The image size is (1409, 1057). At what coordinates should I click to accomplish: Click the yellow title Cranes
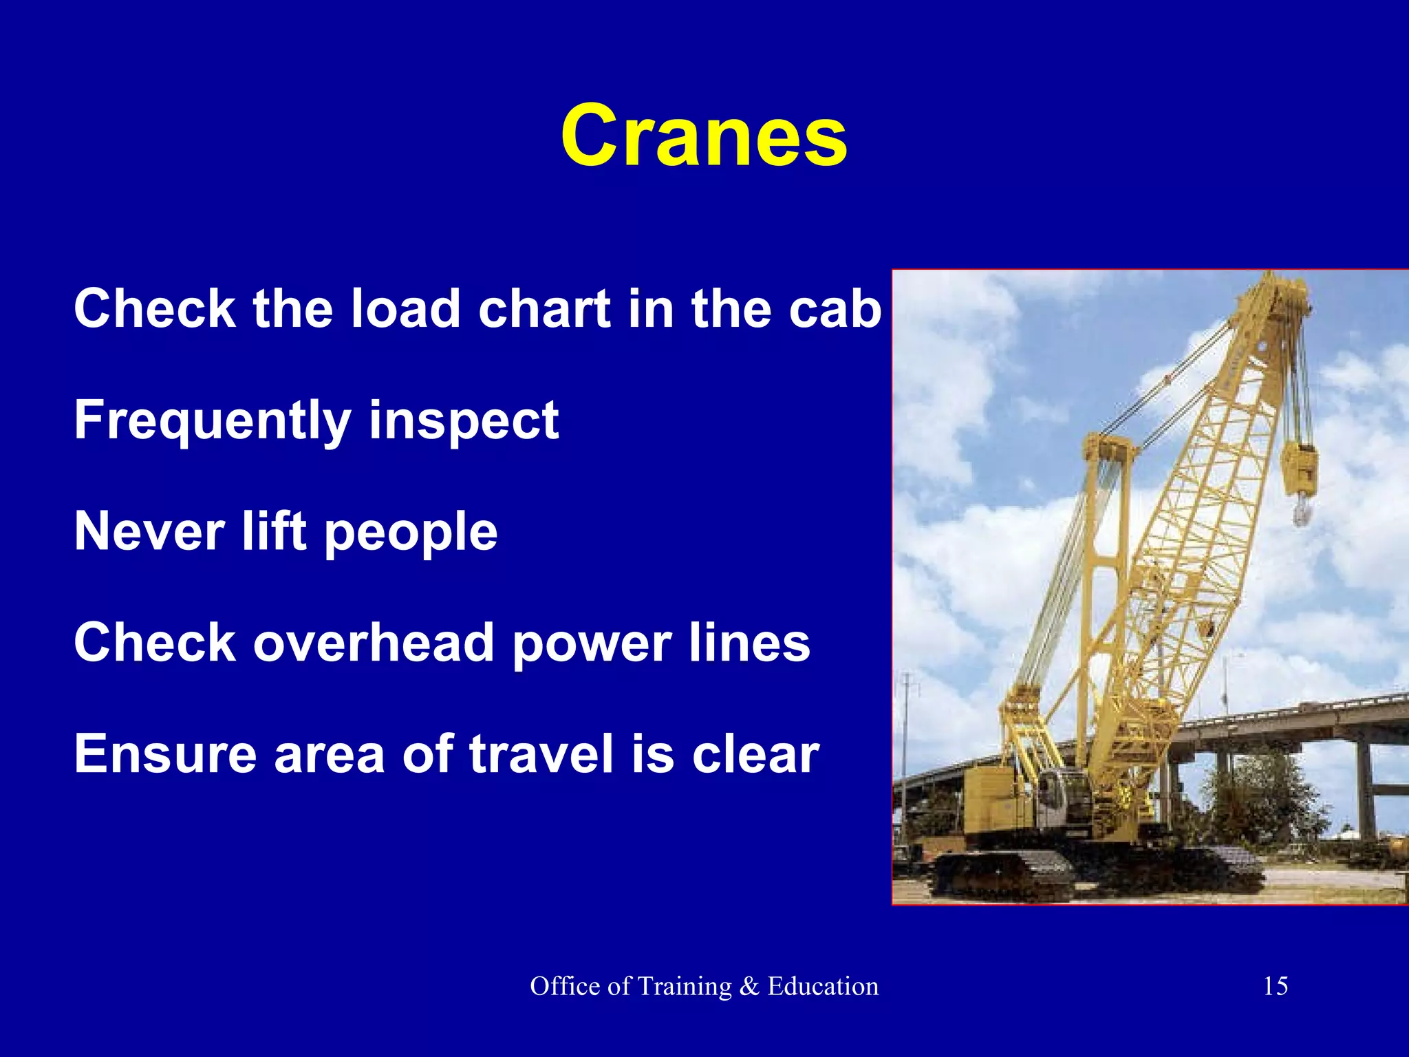coord(704,136)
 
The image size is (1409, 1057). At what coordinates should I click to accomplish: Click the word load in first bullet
coord(405,308)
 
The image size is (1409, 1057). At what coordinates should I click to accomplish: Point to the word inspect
coord(464,421)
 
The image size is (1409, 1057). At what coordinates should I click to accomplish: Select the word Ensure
coord(165,754)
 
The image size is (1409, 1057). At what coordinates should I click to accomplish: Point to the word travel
coord(541,754)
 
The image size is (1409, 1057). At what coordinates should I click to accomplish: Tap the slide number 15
coord(1275,986)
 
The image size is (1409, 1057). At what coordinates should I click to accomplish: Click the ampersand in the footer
coord(749,986)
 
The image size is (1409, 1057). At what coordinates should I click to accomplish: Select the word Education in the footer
coord(823,986)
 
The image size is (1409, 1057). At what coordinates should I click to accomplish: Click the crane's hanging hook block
coord(1298,475)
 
